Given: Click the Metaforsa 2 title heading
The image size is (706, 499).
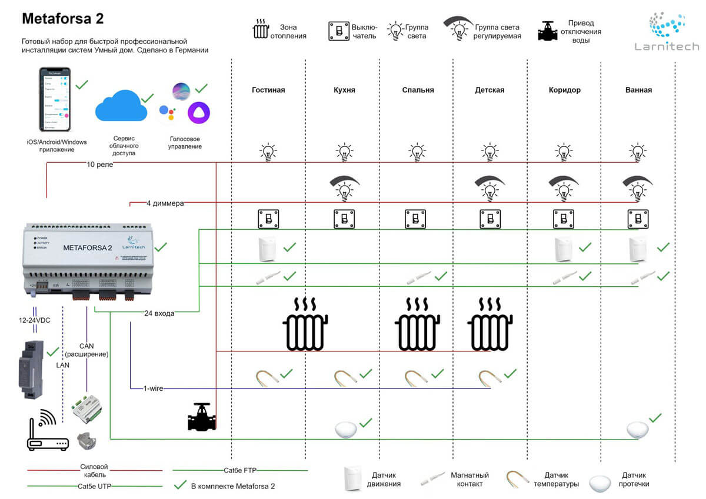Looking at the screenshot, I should pyautogui.click(x=63, y=18).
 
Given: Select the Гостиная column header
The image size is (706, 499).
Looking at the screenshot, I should pyautogui.click(x=268, y=90).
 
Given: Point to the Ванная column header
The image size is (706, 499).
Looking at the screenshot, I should pyautogui.click(x=638, y=90).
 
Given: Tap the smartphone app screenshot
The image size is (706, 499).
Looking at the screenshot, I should pyautogui.click(x=55, y=99).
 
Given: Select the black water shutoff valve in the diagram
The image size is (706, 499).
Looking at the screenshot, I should pyautogui.click(x=201, y=417).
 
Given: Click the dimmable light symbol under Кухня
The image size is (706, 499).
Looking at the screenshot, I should pyautogui.click(x=344, y=186).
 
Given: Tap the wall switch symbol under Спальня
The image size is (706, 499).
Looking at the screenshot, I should pyautogui.click(x=415, y=219).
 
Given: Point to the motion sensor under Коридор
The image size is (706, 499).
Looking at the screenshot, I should pyautogui.click(x=564, y=249).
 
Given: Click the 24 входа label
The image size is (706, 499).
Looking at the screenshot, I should pyautogui.click(x=159, y=313).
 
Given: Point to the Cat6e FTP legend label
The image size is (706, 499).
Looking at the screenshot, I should pyautogui.click(x=240, y=470).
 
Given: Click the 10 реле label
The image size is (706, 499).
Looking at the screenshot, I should pyautogui.click(x=100, y=165).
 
